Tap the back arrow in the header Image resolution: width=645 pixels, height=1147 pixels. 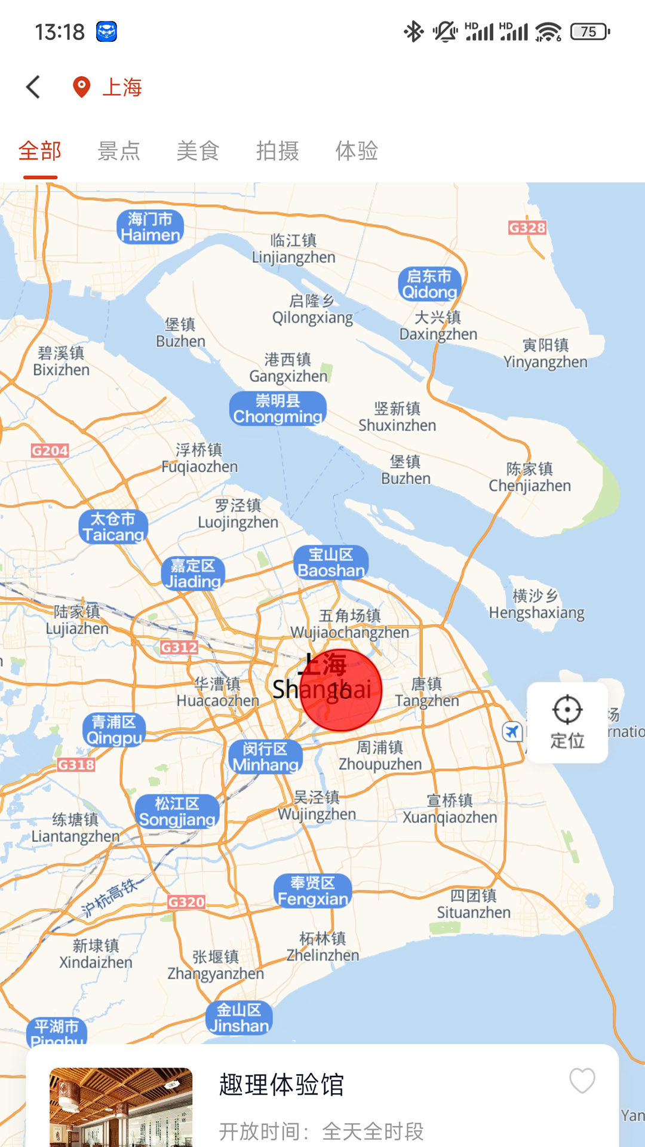(x=33, y=87)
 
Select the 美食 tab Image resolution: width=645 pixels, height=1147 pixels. (x=198, y=151)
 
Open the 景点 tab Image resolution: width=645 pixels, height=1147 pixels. (x=119, y=151)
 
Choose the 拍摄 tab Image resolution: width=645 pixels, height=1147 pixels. (x=277, y=151)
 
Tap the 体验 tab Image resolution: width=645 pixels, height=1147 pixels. (x=357, y=151)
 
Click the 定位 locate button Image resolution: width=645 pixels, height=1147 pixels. (x=567, y=722)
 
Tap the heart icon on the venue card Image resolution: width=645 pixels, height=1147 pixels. (x=582, y=1081)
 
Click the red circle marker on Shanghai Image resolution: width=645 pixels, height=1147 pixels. (x=340, y=690)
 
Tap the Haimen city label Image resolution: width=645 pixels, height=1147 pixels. (x=150, y=227)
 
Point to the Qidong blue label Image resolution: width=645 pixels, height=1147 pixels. (x=429, y=284)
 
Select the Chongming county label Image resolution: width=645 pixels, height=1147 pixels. (x=278, y=408)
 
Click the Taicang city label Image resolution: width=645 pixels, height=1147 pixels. (x=113, y=527)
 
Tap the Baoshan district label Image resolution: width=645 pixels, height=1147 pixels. (x=331, y=563)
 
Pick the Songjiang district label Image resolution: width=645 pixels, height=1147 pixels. (x=177, y=812)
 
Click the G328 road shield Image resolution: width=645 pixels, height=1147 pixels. (x=527, y=228)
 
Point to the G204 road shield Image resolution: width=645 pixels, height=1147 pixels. (x=50, y=450)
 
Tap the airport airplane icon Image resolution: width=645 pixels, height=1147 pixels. (x=512, y=731)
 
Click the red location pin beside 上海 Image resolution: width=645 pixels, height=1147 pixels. (x=81, y=87)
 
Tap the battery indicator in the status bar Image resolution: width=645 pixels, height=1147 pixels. (x=589, y=32)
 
